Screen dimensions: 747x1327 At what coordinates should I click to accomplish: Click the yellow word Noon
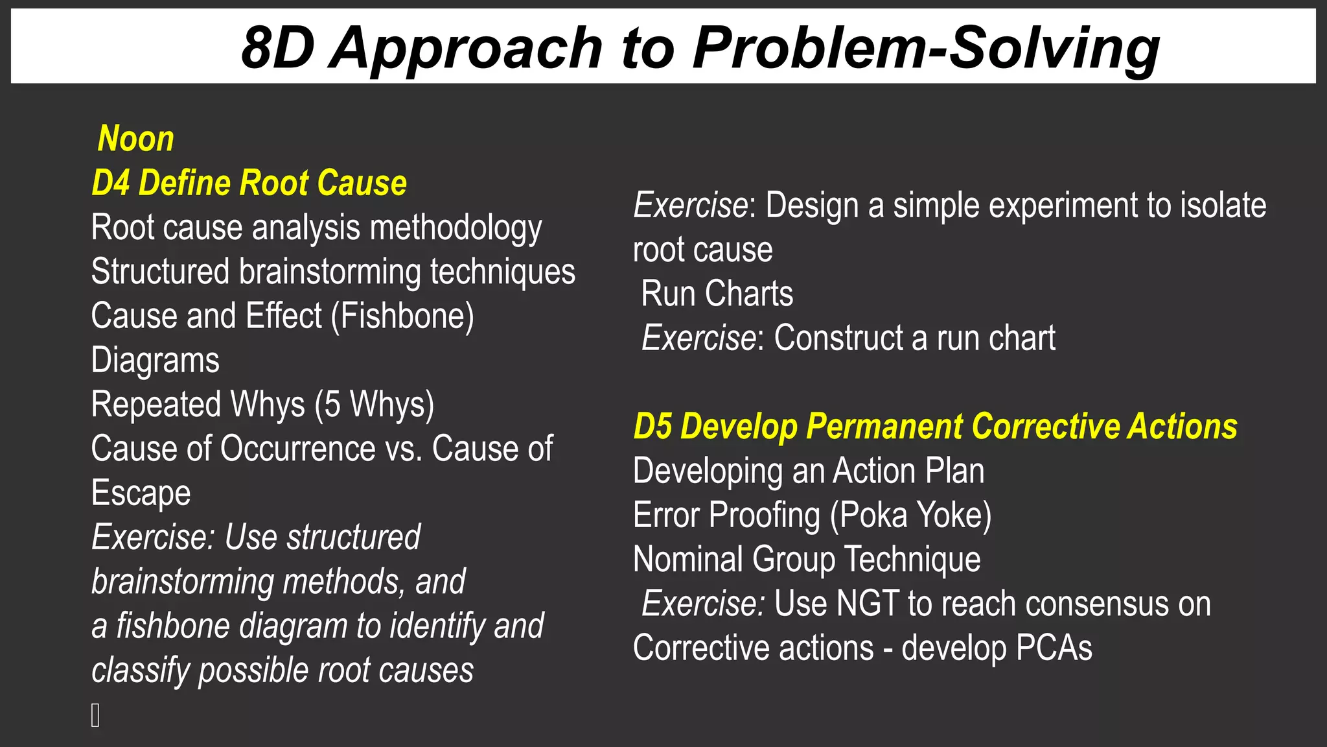pyautogui.click(x=135, y=139)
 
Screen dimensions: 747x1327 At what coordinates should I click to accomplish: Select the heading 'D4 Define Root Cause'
pyautogui.click(x=249, y=183)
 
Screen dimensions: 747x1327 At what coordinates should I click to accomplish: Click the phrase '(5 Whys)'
pyautogui.click(x=374, y=405)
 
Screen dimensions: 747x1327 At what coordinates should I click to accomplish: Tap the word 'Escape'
pyautogui.click(x=141, y=493)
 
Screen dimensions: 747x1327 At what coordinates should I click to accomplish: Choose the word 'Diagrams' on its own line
pyautogui.click(x=155, y=361)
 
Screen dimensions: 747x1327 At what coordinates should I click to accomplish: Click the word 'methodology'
pyautogui.click(x=456, y=228)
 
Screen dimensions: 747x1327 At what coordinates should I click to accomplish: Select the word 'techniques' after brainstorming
pyautogui.click(x=502, y=272)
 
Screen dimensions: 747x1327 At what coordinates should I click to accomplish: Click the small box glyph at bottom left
pyautogui.click(x=95, y=715)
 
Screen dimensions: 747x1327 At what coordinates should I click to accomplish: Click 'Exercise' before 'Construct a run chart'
pyautogui.click(x=698, y=338)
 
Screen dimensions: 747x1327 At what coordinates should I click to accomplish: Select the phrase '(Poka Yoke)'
pyautogui.click(x=910, y=516)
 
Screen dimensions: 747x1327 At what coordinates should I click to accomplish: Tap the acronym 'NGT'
pyautogui.click(x=868, y=604)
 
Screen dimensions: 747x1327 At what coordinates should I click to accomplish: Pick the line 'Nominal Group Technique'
pyautogui.click(x=806, y=560)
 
